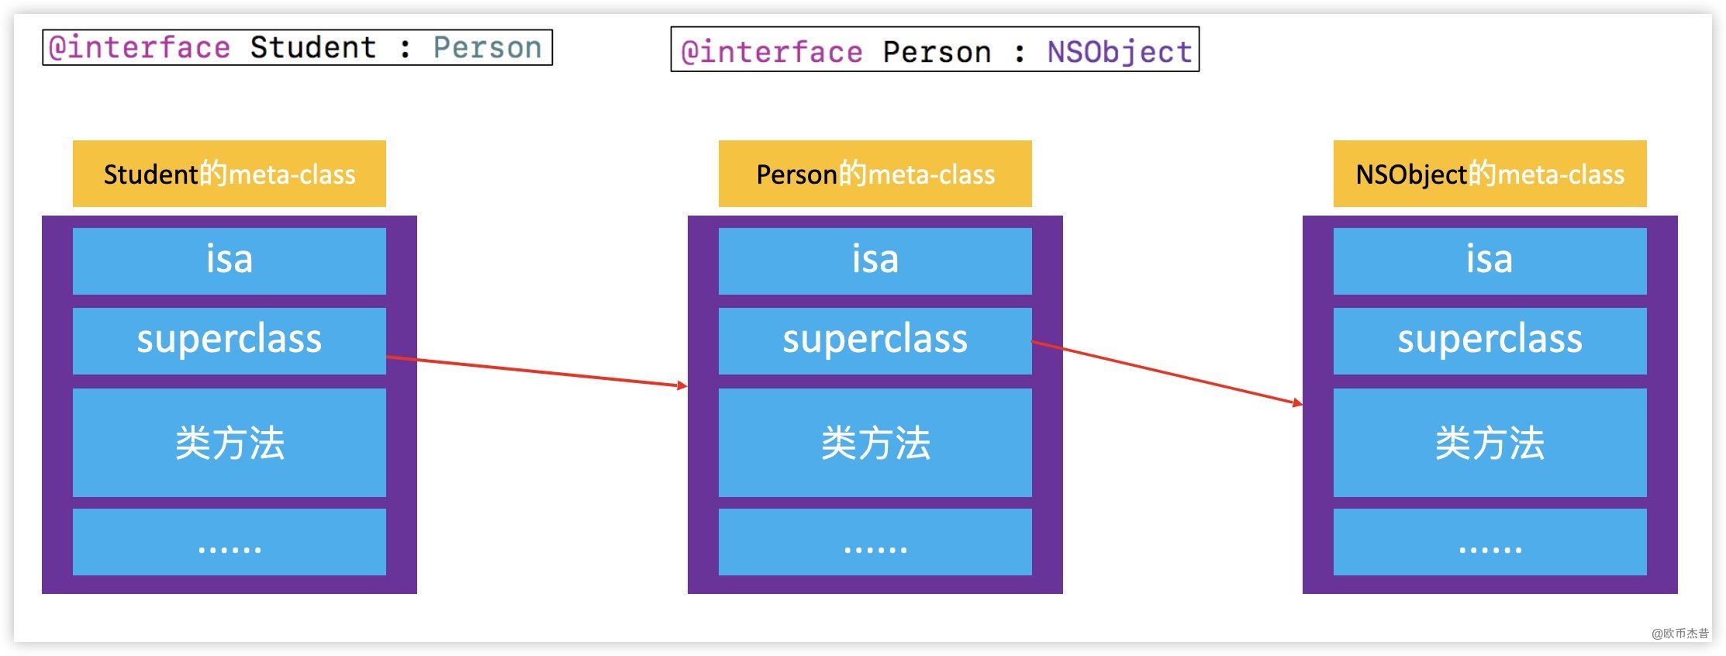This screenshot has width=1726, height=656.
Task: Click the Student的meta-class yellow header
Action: (230, 174)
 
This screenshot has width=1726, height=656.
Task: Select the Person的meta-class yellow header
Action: (875, 174)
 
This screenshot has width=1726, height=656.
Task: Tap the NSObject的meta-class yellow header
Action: (1490, 174)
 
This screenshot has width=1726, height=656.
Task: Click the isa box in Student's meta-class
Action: (230, 261)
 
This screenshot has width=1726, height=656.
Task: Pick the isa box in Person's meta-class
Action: (875, 261)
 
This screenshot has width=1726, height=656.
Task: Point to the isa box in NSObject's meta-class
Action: (1490, 261)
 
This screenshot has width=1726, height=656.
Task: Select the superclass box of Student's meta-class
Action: (230, 340)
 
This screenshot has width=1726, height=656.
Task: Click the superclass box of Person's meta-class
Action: (875, 340)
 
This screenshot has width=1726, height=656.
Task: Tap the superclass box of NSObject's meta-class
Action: (1490, 340)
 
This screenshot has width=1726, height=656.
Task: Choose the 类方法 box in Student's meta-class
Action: (230, 442)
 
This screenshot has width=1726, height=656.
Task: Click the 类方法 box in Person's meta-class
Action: (875, 442)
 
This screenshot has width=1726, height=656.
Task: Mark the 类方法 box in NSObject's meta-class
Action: (1490, 442)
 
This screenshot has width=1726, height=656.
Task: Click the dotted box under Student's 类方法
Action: (230, 542)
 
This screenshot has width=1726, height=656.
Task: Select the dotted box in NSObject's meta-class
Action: (1490, 542)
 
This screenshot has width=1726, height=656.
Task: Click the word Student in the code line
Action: (313, 47)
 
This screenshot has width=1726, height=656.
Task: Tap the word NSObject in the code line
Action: (1119, 52)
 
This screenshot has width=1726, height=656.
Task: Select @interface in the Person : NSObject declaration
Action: (772, 52)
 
